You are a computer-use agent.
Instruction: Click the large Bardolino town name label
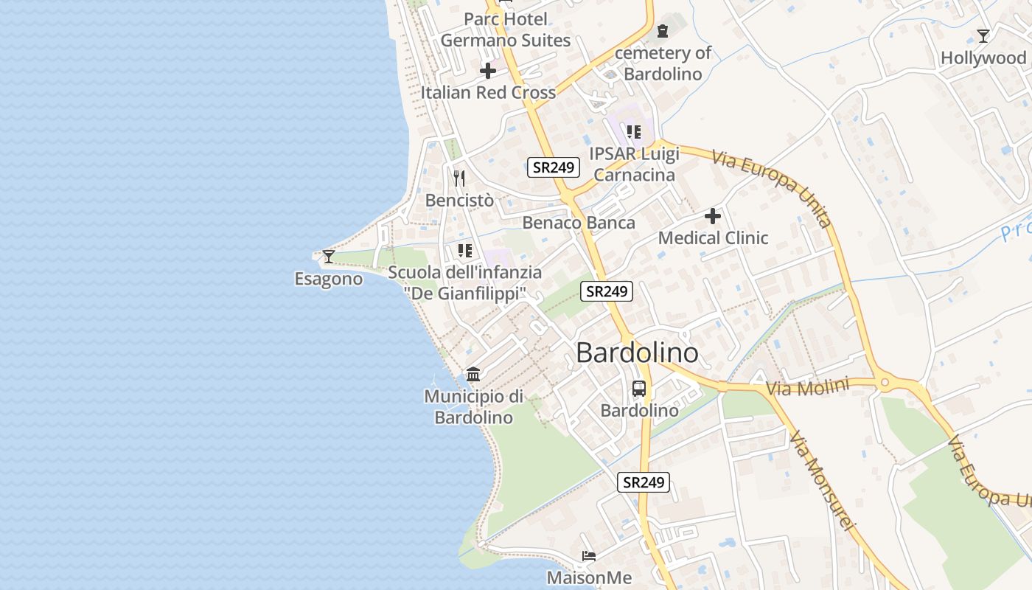point(637,353)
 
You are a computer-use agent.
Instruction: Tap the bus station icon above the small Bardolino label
point(639,389)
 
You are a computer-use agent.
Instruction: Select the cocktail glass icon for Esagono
point(329,257)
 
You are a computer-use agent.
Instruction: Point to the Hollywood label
point(983,58)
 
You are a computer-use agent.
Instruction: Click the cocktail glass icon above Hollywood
point(983,36)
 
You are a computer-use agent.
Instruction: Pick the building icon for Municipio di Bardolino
point(473,375)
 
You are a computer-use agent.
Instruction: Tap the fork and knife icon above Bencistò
point(459,178)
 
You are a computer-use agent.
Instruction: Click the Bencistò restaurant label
point(459,200)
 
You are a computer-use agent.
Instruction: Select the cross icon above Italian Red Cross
point(488,71)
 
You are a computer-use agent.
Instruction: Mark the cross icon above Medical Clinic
point(713,216)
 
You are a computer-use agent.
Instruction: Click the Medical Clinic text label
point(713,237)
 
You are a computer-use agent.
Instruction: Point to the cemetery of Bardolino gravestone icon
point(662,31)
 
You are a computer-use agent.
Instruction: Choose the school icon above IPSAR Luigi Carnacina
point(633,132)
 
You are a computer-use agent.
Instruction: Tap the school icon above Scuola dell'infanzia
point(464,251)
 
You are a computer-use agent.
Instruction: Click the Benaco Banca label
point(579,223)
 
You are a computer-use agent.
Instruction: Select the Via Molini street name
point(807,387)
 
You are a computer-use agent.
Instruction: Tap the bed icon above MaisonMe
point(588,555)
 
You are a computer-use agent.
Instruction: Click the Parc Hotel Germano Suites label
point(506,29)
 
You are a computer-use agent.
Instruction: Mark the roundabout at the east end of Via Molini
point(885,383)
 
